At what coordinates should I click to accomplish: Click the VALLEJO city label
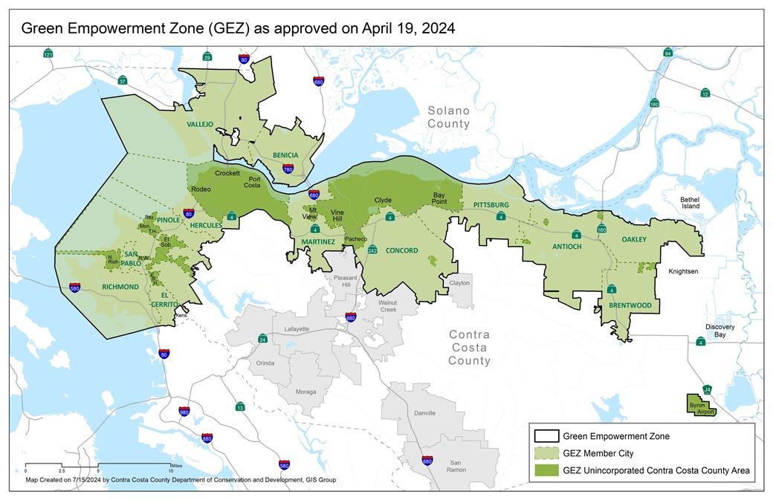(x=200, y=124)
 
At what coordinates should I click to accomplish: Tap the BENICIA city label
(x=285, y=155)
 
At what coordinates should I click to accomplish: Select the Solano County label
(x=448, y=117)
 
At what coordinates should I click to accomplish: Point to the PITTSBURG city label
(x=490, y=204)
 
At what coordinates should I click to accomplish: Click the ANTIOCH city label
(x=567, y=246)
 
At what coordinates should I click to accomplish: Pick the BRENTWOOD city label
(x=630, y=305)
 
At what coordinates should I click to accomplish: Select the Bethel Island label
(x=696, y=204)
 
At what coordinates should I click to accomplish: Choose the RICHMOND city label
(x=121, y=287)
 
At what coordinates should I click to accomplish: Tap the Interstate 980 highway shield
(x=184, y=412)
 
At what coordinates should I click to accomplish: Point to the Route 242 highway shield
(x=372, y=250)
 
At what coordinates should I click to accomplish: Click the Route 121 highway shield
(x=48, y=55)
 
